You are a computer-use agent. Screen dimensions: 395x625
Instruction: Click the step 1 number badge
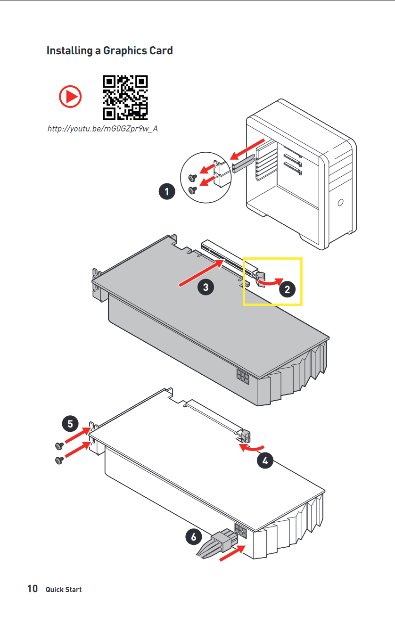[x=167, y=191]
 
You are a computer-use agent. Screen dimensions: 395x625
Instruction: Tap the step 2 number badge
[x=288, y=289]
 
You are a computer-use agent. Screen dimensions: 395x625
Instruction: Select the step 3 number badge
[x=206, y=287]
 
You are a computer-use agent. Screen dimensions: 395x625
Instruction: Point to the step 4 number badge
[x=265, y=461]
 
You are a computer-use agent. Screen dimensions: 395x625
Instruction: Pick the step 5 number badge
[x=70, y=424]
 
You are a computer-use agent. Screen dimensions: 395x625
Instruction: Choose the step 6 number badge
[x=194, y=537]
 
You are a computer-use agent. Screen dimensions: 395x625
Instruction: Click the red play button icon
[x=70, y=97]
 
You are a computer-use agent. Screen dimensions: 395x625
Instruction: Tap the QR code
[x=125, y=98]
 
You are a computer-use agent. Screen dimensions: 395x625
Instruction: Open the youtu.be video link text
[x=103, y=129]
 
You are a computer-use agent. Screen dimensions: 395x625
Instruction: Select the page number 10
[x=33, y=589]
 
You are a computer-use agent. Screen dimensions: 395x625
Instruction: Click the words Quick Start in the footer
[x=64, y=589]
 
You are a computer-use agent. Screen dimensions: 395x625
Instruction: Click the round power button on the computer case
[x=340, y=202]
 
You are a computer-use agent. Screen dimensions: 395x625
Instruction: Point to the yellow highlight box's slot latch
[x=261, y=280]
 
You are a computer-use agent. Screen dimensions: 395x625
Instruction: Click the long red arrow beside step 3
[x=201, y=273]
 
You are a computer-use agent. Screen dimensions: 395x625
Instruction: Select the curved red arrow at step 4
[x=252, y=447]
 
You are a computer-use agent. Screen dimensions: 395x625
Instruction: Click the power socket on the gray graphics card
[x=243, y=377]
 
